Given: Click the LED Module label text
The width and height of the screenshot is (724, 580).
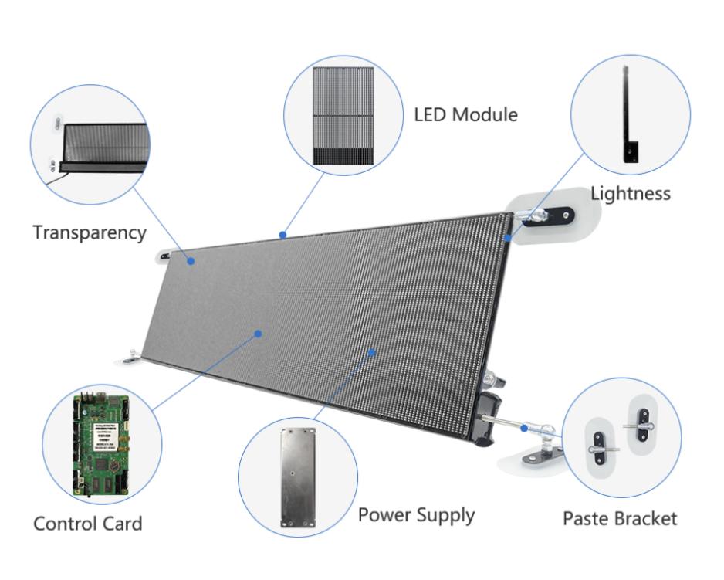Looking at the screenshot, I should pyautogui.click(x=465, y=115).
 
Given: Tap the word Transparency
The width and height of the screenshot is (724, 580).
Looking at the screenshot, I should pyautogui.click(x=90, y=232).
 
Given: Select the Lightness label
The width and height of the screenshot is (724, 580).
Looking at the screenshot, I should pyautogui.click(x=630, y=193).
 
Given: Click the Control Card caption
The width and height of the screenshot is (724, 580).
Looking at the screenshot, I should pyautogui.click(x=87, y=524).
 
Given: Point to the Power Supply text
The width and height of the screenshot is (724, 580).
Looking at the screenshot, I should pyautogui.click(x=416, y=514).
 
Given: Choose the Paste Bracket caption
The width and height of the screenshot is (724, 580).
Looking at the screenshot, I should pyautogui.click(x=619, y=517).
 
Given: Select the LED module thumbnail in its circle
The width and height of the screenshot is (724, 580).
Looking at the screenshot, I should pyautogui.click(x=343, y=115).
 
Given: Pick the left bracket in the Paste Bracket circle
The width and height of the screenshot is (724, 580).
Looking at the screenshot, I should pyautogui.click(x=601, y=446).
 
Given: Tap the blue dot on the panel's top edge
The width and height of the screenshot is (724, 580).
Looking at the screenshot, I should pyautogui.click(x=283, y=234).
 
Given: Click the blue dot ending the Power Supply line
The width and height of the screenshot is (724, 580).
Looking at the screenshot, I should pyautogui.click(x=371, y=352).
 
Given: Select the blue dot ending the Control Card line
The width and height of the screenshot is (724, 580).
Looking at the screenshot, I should pyautogui.click(x=259, y=334).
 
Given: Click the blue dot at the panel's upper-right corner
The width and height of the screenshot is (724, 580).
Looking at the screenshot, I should pyautogui.click(x=508, y=239).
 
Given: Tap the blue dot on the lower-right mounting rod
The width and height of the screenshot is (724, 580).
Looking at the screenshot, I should pyautogui.click(x=525, y=426).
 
